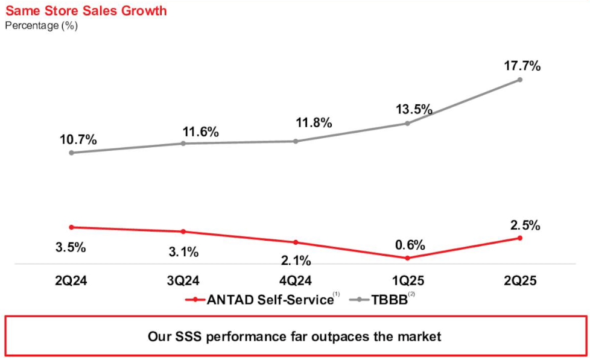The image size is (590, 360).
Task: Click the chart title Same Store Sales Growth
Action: (x=86, y=11)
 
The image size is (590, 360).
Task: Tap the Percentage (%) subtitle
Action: (x=41, y=25)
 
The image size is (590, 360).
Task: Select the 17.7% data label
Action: (x=522, y=66)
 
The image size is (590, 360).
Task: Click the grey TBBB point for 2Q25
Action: (x=519, y=80)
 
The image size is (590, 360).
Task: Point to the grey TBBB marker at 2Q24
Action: (x=71, y=153)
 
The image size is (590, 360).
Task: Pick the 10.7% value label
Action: (x=78, y=139)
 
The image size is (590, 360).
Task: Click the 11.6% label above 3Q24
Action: (x=200, y=131)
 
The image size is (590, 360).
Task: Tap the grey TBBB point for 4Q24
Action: (x=296, y=141)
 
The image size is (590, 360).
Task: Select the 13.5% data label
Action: (x=413, y=109)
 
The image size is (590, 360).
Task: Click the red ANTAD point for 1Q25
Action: (x=407, y=258)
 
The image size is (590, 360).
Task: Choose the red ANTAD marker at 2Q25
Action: (x=519, y=238)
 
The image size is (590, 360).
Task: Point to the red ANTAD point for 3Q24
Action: (x=183, y=232)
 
